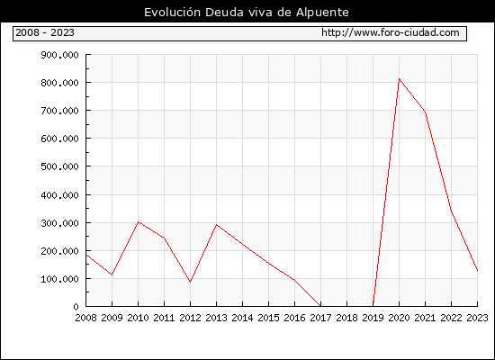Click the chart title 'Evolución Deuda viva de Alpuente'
[247, 13]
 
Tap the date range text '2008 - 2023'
[45, 32]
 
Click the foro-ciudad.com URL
[391, 32]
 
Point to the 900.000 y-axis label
[59, 55]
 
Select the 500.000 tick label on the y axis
[59, 166]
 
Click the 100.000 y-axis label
[59, 279]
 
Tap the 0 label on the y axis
[76, 307]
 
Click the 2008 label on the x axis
[85, 318]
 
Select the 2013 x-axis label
[216, 318]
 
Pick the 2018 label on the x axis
[346, 318]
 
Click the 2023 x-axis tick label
[477, 318]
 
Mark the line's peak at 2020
[399, 79]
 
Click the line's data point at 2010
[138, 222]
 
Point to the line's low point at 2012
[190, 282]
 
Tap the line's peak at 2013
[216, 224]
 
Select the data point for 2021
[425, 112]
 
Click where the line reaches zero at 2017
[320, 306]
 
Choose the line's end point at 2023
[477, 270]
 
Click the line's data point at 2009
[112, 274]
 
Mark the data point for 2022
[451, 211]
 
